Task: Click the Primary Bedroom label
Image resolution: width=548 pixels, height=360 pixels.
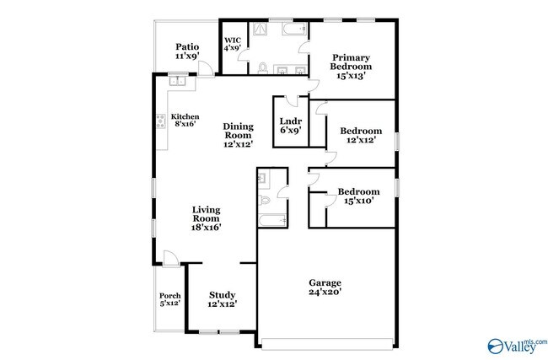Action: tap(350, 64)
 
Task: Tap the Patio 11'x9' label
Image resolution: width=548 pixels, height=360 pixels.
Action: tap(186, 51)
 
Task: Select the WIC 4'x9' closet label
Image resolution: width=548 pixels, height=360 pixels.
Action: tap(233, 44)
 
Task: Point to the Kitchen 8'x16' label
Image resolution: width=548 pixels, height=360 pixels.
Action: tap(185, 120)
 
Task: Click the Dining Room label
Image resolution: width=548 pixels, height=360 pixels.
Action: tap(238, 135)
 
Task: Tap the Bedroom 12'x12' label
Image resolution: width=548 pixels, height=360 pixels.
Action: tap(361, 135)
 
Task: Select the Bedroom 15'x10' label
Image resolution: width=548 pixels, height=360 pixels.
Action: tap(359, 196)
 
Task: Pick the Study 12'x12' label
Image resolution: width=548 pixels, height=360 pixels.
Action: tap(223, 299)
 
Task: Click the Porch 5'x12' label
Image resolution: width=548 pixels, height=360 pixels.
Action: tap(170, 299)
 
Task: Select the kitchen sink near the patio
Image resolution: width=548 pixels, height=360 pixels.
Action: tap(177, 82)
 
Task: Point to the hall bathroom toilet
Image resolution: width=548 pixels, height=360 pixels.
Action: tap(265, 199)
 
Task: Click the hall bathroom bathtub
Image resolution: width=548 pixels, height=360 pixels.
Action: tap(273, 221)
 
